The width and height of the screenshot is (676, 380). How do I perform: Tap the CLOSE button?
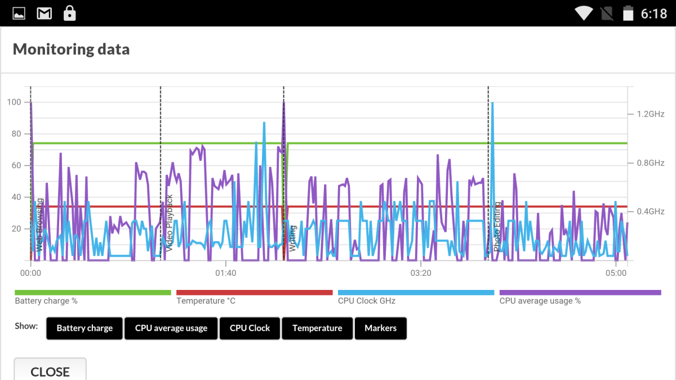click(50, 370)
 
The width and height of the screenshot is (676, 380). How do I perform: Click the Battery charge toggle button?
click(84, 328)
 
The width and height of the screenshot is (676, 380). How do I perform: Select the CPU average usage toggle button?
click(171, 328)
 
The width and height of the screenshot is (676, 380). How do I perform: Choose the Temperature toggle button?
click(317, 328)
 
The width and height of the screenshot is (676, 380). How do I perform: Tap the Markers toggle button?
click(381, 328)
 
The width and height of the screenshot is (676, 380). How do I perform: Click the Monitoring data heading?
click(71, 49)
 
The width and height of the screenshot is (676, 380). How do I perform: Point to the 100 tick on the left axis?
click(14, 102)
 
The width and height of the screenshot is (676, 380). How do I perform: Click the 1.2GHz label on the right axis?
click(650, 114)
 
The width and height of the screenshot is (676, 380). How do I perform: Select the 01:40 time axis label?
click(226, 273)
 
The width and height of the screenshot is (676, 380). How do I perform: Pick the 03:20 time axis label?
click(421, 273)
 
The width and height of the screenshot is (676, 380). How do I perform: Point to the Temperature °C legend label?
click(206, 301)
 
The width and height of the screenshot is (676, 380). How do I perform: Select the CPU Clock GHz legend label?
click(367, 301)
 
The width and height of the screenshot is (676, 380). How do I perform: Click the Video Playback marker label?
click(170, 223)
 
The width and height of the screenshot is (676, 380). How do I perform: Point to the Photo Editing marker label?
click(497, 227)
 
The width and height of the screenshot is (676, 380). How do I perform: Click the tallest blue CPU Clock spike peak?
click(492, 103)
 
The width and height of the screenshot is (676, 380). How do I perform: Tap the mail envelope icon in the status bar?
click(45, 14)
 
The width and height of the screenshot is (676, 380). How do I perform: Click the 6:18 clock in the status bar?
click(653, 14)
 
